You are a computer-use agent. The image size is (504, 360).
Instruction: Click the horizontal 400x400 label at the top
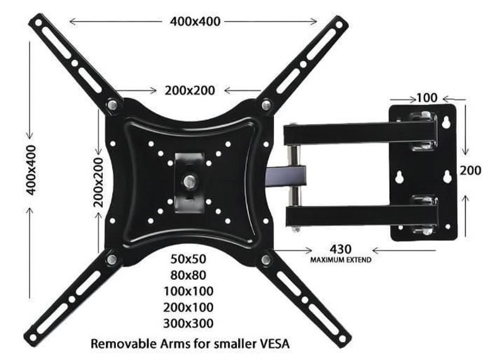tap(195, 21)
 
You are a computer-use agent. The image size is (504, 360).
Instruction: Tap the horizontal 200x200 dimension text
tap(190, 90)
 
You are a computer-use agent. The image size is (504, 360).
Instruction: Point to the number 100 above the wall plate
tap(427, 98)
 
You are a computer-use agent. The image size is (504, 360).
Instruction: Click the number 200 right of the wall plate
tap(470, 170)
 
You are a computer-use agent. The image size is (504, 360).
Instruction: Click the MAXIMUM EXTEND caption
tap(340, 260)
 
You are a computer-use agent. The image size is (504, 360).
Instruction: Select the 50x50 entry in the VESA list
tap(188, 258)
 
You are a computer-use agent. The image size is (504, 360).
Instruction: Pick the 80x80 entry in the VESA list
tap(188, 275)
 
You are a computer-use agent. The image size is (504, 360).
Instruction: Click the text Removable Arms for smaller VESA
tap(191, 344)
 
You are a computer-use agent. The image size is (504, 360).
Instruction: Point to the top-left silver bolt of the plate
tap(112, 105)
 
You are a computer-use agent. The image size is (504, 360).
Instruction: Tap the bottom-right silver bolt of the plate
tap(266, 259)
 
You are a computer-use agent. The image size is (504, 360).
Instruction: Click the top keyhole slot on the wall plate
tap(447, 122)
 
